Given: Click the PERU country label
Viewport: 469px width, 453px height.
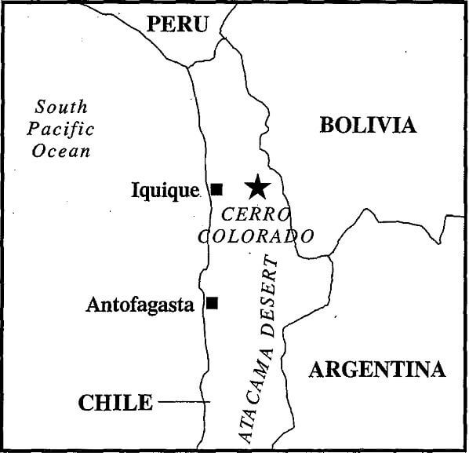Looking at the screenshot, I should (x=179, y=24).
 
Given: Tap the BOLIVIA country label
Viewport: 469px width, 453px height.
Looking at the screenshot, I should (x=368, y=125).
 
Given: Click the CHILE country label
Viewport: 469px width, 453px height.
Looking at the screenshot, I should (x=115, y=403).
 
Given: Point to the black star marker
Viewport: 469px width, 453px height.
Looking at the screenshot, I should (x=256, y=187).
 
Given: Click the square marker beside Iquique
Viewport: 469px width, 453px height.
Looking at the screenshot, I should (x=217, y=188).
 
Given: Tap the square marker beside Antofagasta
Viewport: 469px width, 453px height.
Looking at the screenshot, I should (x=212, y=302).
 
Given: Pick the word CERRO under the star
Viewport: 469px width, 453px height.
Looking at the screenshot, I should (x=256, y=214).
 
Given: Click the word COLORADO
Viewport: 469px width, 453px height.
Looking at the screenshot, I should (x=256, y=236).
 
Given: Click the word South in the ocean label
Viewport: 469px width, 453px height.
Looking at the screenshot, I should (x=61, y=108).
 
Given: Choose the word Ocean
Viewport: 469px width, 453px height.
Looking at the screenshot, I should (x=61, y=151).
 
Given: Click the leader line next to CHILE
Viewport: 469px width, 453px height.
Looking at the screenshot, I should (x=184, y=403).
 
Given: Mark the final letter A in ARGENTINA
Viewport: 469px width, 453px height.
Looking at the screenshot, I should (x=436, y=369).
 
